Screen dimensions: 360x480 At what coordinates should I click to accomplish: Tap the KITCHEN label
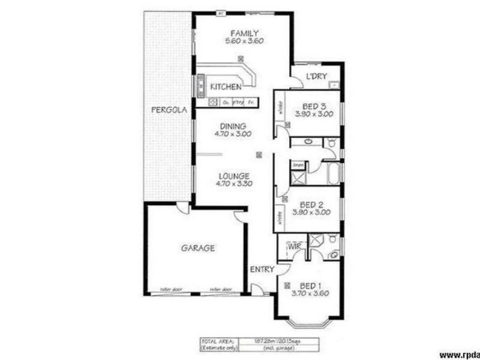click(225, 88)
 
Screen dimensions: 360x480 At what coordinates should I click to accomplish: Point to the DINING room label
click(233, 127)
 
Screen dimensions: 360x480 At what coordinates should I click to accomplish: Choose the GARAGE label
click(197, 247)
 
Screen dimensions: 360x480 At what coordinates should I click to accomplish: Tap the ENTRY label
click(262, 269)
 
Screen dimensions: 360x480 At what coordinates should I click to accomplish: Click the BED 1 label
click(311, 285)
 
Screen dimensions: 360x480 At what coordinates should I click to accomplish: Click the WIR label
click(293, 247)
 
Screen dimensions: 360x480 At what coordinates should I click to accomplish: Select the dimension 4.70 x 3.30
click(233, 184)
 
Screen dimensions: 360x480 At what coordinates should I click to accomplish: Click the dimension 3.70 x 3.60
click(311, 293)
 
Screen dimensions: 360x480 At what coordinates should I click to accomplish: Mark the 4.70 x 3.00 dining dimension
click(233, 135)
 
